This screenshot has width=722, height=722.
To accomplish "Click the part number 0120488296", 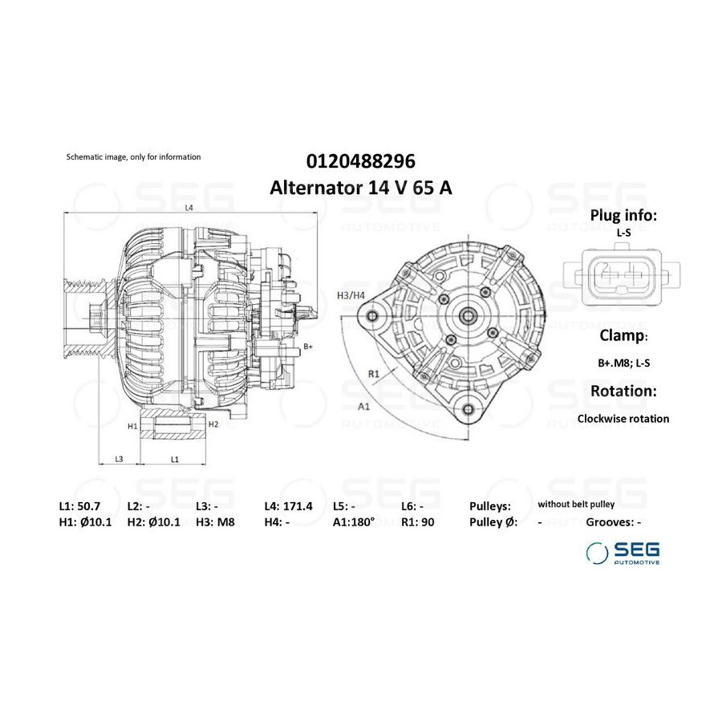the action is tap(360, 161).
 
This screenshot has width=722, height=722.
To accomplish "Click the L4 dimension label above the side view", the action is tap(189, 208).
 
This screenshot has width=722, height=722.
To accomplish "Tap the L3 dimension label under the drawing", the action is tap(119, 459).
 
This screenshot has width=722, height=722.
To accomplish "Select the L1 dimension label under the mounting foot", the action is tap(175, 459).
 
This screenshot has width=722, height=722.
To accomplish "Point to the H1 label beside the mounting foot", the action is tap(132, 427).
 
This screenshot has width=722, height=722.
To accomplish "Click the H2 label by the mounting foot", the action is tap(213, 424).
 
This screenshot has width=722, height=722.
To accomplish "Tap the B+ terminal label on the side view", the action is tap(308, 347).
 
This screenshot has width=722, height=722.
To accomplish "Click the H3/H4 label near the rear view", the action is tap(351, 295).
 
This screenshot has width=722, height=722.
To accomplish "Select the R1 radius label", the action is tap(373, 374).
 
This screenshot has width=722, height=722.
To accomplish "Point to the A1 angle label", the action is tap(363, 406).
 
